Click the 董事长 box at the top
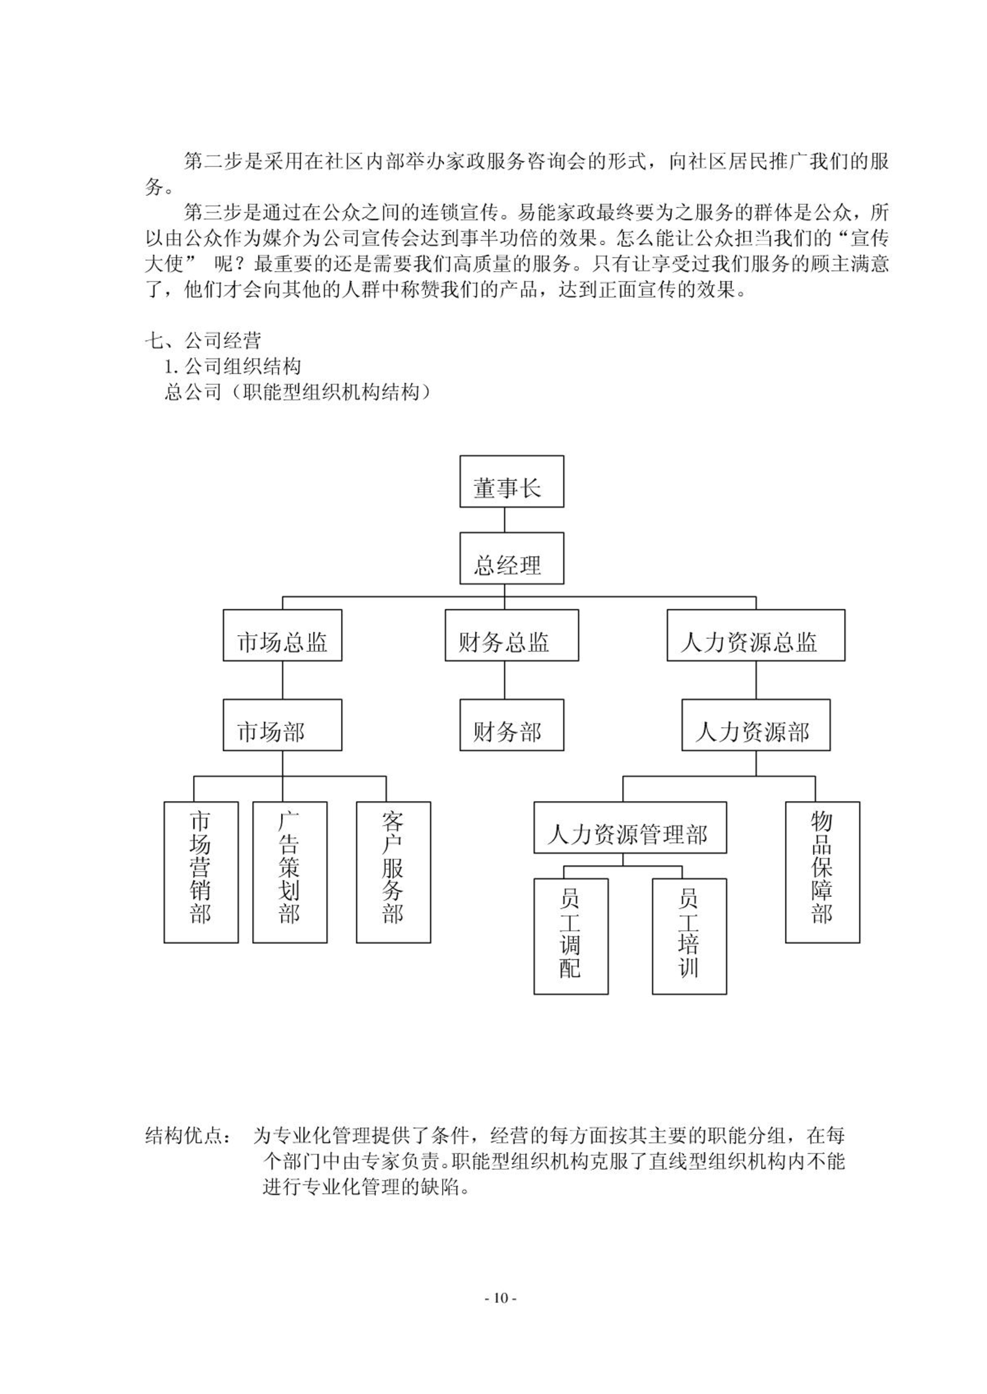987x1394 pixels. (x=511, y=481)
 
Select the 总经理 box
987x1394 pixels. (x=511, y=558)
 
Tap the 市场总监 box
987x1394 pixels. (x=282, y=635)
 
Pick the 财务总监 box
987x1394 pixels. (x=511, y=635)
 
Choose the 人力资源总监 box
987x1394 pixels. (x=755, y=635)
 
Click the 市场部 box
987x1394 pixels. (x=282, y=725)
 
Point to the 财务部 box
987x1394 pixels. (x=511, y=725)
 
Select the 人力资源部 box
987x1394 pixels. (x=755, y=725)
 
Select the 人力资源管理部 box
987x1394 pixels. (x=630, y=828)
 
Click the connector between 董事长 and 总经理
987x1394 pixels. (x=505, y=520)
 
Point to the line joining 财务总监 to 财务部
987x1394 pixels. (x=505, y=680)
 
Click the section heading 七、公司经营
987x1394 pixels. (x=203, y=340)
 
